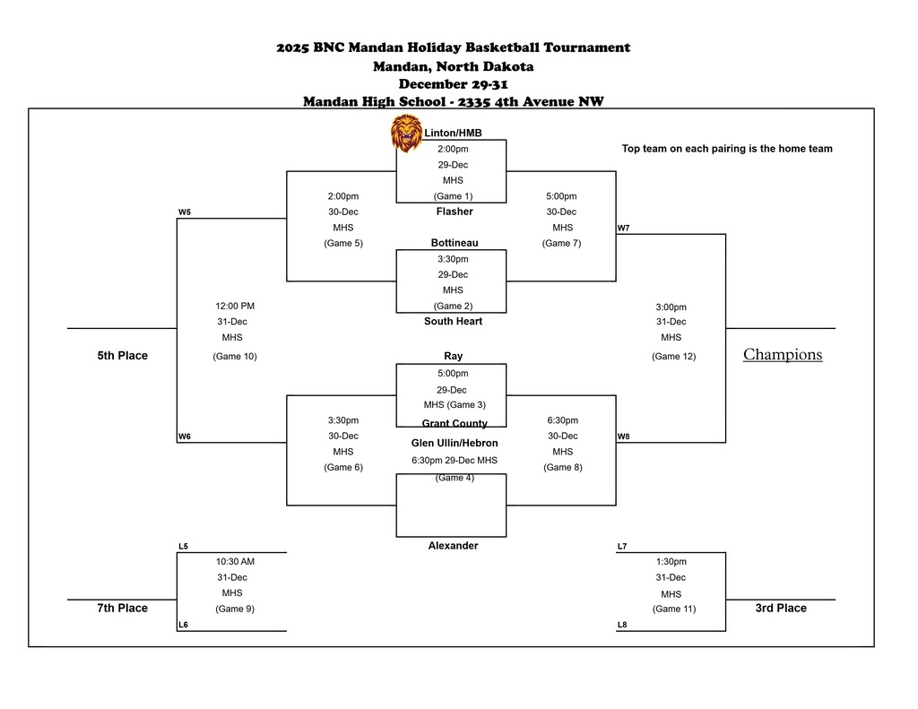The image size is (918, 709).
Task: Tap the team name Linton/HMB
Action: point(453,134)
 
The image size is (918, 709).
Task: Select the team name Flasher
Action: point(454,212)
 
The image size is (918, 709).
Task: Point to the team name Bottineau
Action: point(454,243)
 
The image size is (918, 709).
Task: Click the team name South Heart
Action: point(453,321)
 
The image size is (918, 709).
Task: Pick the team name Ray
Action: point(453,356)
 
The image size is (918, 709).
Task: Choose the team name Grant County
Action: point(455,423)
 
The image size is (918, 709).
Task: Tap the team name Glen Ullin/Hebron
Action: point(455,443)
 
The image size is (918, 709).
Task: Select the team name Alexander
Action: point(453,546)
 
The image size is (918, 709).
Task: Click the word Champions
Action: point(782,355)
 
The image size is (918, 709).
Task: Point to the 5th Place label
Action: point(122,356)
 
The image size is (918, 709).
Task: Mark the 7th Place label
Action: point(122,609)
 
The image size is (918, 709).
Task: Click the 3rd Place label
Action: point(780,609)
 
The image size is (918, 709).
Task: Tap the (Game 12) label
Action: point(673,357)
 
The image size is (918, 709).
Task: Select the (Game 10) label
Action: point(234,357)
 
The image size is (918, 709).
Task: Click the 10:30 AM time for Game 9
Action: point(235,562)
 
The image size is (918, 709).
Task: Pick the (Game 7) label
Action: point(562,243)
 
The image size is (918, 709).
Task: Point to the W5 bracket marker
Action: point(184,212)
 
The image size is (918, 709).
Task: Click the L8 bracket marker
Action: point(622,625)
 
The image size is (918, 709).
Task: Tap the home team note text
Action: point(727,149)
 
